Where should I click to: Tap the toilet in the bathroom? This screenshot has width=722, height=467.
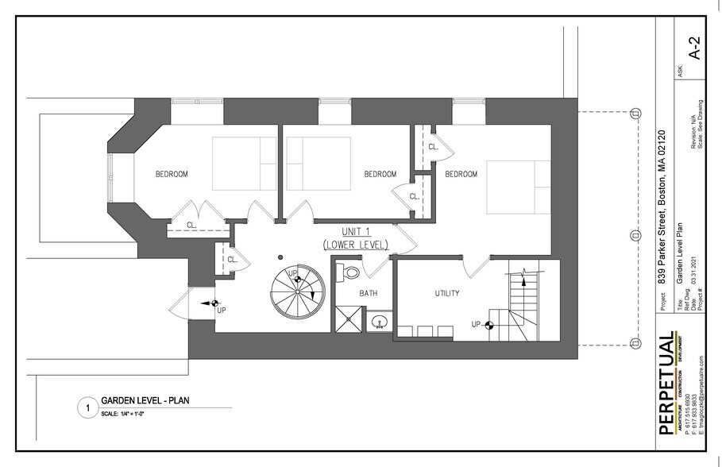(349, 273)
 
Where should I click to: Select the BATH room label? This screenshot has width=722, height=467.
(368, 293)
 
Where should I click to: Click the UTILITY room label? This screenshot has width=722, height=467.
(446, 293)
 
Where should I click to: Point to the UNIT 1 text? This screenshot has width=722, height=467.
(355, 230)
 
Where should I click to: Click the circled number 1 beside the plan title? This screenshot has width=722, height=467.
(85, 408)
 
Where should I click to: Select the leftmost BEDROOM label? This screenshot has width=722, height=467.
(171, 174)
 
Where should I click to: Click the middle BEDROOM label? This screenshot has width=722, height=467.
(380, 174)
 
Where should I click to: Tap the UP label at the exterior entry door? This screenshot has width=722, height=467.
(221, 310)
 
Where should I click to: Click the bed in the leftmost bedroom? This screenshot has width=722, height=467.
(244, 163)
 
